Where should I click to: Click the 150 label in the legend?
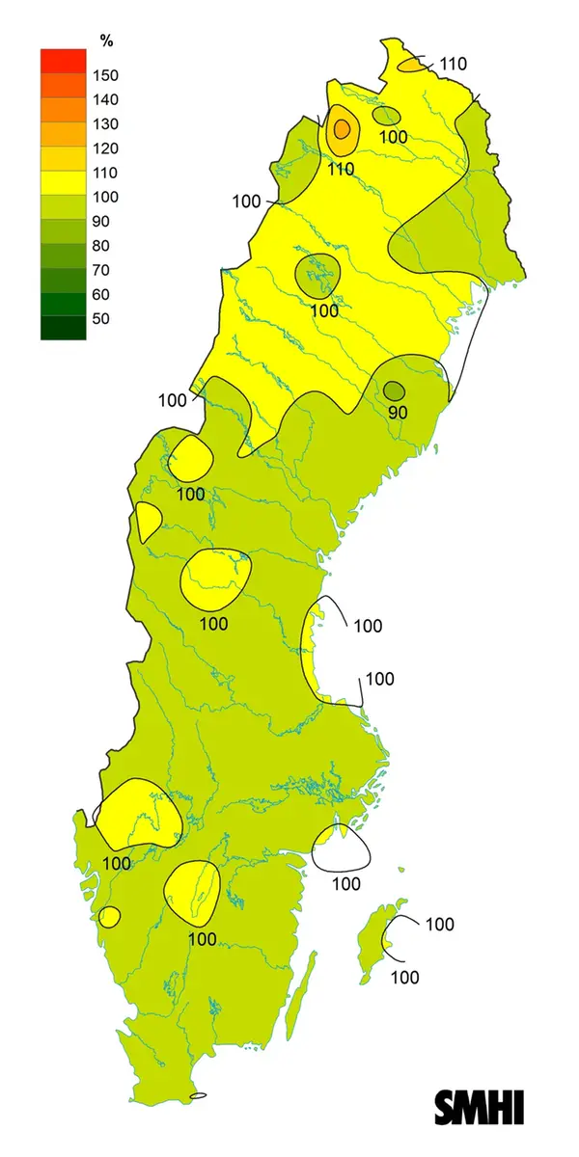(104, 75)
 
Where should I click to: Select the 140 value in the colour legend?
(104, 99)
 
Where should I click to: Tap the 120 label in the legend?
(104, 148)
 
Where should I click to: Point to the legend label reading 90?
(100, 221)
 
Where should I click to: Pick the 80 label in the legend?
(100, 245)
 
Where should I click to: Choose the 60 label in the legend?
(100, 294)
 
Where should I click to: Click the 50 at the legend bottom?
(100, 318)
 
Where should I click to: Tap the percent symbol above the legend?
(106, 40)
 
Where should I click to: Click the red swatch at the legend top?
(63, 61)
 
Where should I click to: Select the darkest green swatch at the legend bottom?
(63, 328)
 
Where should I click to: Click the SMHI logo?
(480, 1107)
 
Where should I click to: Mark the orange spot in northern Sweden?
(341, 129)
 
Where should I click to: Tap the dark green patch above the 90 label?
(394, 390)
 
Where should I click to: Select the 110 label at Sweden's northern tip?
(453, 64)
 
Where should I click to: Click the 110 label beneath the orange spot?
(341, 169)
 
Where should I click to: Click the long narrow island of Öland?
(301, 1003)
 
